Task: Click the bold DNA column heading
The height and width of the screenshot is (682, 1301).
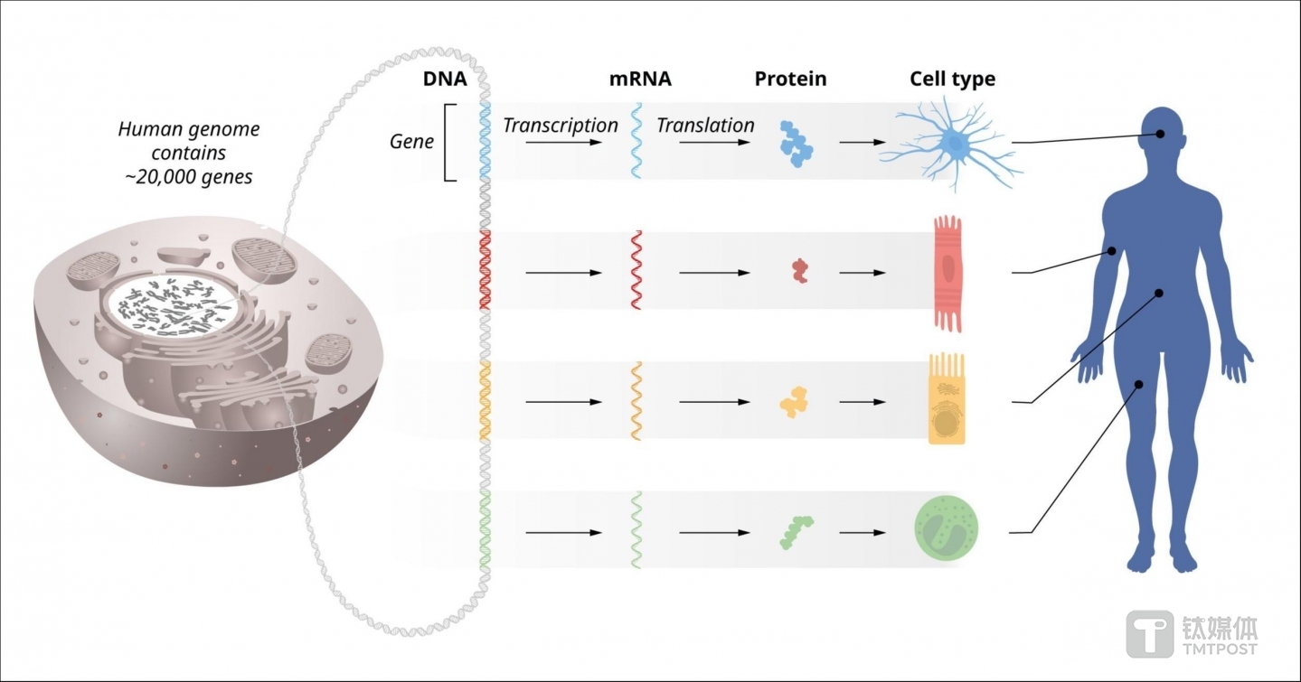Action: pyautogui.click(x=445, y=79)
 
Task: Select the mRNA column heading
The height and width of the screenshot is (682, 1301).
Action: pyautogui.click(x=640, y=79)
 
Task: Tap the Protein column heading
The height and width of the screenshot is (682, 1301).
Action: pyautogui.click(x=790, y=79)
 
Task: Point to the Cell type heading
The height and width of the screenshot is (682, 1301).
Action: pyautogui.click(x=952, y=79)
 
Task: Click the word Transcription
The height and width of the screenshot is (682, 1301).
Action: pyautogui.click(x=561, y=126)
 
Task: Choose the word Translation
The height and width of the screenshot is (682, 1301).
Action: pyautogui.click(x=705, y=126)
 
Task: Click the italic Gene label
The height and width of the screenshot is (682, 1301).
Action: pyautogui.click(x=411, y=142)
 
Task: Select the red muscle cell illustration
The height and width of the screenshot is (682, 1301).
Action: pyautogui.click(x=947, y=272)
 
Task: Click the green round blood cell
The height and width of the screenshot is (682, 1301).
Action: pyautogui.click(x=947, y=530)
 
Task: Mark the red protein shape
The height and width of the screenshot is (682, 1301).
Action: pyautogui.click(x=799, y=270)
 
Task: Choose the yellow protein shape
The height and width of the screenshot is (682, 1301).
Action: pyautogui.click(x=794, y=401)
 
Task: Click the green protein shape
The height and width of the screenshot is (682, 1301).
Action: pyautogui.click(x=796, y=531)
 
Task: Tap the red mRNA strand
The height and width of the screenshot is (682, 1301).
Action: pyautogui.click(x=636, y=271)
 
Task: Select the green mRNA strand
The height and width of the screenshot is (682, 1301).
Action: pyautogui.click(x=636, y=530)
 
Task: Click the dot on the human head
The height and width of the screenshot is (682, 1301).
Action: pyautogui.click(x=1159, y=135)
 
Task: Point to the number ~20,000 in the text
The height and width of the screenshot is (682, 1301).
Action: pyautogui.click(x=157, y=177)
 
